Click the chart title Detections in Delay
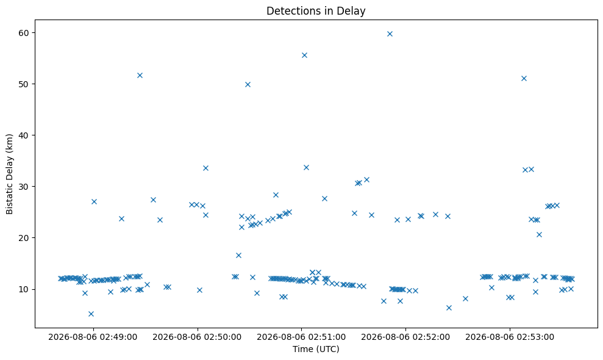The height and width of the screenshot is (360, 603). (316, 11)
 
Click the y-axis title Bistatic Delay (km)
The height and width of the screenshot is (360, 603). (9, 174)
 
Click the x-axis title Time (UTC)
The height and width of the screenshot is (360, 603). (316, 349)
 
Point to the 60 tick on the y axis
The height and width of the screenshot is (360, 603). (24, 33)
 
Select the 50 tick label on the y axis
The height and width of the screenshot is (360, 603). (24, 84)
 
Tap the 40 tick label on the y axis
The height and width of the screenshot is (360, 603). (24, 135)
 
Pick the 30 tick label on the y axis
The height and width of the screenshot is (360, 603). (24, 186)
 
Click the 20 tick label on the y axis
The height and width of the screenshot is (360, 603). (24, 237)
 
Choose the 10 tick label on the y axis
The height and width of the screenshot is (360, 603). (24, 289)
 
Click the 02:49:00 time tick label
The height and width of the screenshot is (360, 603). (93, 337)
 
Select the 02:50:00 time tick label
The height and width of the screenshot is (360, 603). (197, 337)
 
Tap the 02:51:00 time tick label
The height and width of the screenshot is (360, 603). (301, 337)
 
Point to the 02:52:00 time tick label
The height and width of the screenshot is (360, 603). (405, 337)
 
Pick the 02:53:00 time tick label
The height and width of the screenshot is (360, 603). (510, 337)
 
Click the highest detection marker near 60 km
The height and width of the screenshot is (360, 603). (390, 34)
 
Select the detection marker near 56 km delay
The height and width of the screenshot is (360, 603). (304, 55)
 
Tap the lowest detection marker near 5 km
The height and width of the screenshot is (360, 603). (91, 314)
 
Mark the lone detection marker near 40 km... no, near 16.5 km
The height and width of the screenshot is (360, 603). (238, 255)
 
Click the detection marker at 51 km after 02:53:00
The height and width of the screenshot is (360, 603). (524, 79)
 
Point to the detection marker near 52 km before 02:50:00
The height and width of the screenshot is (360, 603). (140, 76)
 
